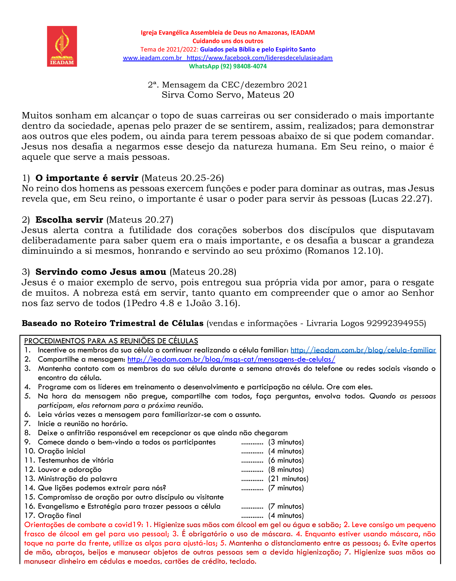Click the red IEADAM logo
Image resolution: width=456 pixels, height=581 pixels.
point(62,46)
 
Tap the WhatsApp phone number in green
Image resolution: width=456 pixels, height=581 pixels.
point(243,66)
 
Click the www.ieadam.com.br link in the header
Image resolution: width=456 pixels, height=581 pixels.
point(152,58)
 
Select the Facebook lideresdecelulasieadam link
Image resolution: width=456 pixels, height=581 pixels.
point(260,58)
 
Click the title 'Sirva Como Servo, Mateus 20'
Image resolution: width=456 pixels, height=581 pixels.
point(228,95)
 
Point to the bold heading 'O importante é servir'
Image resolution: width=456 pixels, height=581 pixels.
point(87,178)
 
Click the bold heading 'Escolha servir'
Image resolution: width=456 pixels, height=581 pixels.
point(69,220)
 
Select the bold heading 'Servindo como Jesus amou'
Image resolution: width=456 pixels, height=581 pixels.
point(101,272)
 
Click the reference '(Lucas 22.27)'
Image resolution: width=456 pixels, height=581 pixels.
point(400,199)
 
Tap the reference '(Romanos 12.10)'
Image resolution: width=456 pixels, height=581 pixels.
point(344,251)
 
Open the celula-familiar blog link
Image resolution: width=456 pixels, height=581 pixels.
point(363,350)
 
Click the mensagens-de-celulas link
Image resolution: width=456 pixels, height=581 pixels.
point(231,359)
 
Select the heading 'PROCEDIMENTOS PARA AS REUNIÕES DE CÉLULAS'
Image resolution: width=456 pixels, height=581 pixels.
point(111,341)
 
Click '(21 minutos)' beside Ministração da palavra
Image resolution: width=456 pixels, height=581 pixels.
point(288,479)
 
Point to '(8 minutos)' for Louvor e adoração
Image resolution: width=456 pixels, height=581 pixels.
point(286,469)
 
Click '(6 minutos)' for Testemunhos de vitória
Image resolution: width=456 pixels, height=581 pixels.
point(286,460)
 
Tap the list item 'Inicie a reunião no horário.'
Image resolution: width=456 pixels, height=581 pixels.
point(83,424)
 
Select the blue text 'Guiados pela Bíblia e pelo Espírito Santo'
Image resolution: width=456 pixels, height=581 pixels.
point(258,49)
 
